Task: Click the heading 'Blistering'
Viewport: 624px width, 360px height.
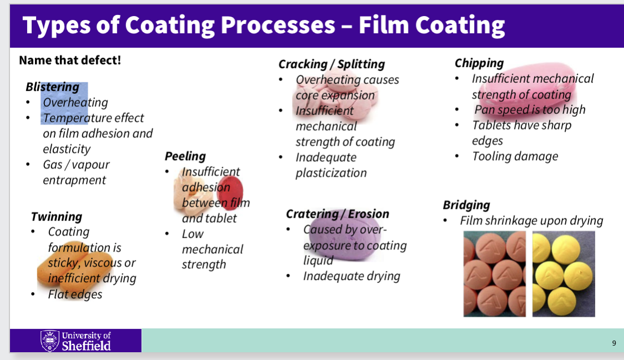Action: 52,87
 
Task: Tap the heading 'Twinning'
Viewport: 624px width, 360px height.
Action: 56,216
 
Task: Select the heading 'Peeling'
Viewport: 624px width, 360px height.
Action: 185,156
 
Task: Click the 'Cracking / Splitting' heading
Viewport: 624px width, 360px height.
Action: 331,64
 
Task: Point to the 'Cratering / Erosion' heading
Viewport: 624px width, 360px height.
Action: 337,214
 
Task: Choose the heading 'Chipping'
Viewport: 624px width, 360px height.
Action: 479,63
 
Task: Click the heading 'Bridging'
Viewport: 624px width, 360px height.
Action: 466,205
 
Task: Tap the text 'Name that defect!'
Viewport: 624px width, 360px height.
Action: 69,60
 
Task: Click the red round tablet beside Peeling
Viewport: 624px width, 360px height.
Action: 230,189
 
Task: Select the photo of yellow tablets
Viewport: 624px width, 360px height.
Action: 563,274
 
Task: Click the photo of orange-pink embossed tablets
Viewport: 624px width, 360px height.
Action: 495,274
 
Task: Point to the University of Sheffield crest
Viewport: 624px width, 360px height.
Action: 49,341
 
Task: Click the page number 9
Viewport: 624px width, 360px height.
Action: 613,343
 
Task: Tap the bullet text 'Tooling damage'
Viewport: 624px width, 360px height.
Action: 515,156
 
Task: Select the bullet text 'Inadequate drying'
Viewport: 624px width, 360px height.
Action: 351,276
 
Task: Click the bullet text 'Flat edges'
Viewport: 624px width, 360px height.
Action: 75,294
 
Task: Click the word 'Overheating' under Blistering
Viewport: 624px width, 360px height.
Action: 75,102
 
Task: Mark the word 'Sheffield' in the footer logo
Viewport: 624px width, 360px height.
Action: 86,346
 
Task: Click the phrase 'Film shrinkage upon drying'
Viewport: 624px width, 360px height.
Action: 531,221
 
